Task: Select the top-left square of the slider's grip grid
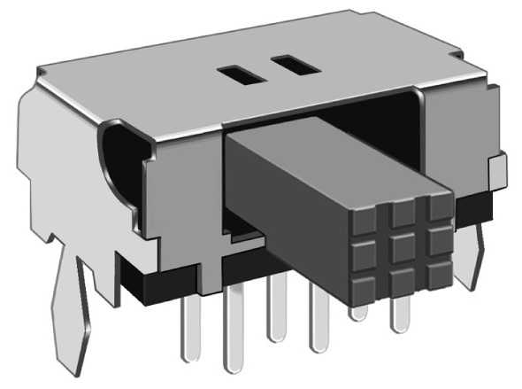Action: (x=369, y=225)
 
